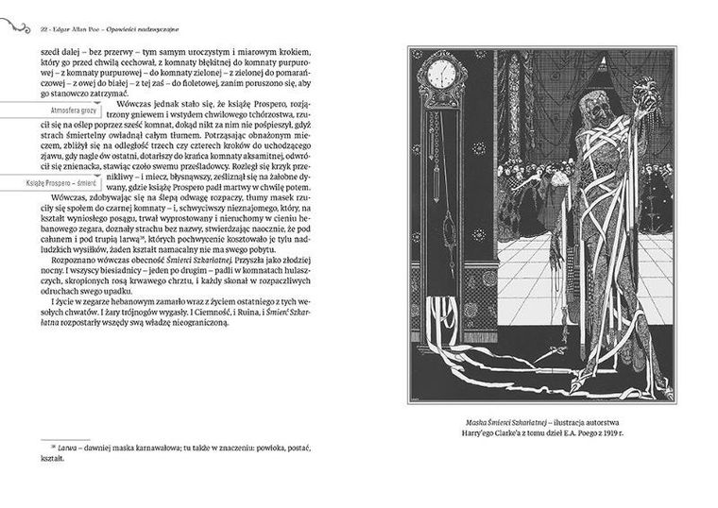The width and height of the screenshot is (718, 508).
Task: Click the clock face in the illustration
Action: pos(441,74)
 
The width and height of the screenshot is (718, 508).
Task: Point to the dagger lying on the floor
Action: pos(552,357)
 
